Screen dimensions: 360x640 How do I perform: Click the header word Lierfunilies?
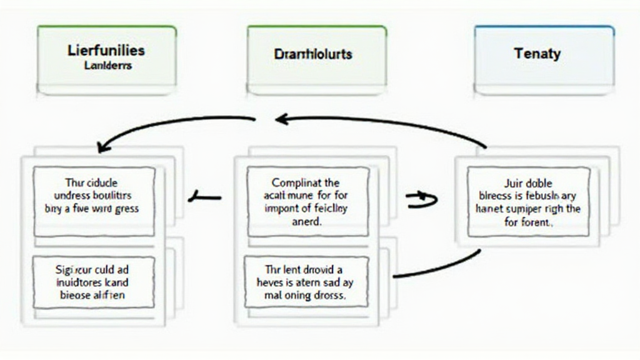[106, 51]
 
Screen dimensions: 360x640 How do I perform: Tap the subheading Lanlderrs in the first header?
[107, 65]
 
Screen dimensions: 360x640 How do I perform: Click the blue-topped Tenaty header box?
[543, 59]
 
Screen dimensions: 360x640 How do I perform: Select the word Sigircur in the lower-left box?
[71, 270]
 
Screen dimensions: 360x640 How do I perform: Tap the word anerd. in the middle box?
[307, 221]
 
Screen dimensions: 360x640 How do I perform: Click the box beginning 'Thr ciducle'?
[94, 201]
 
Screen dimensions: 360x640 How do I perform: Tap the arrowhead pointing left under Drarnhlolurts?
[281, 119]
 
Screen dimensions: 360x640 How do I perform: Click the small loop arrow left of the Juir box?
[422, 199]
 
